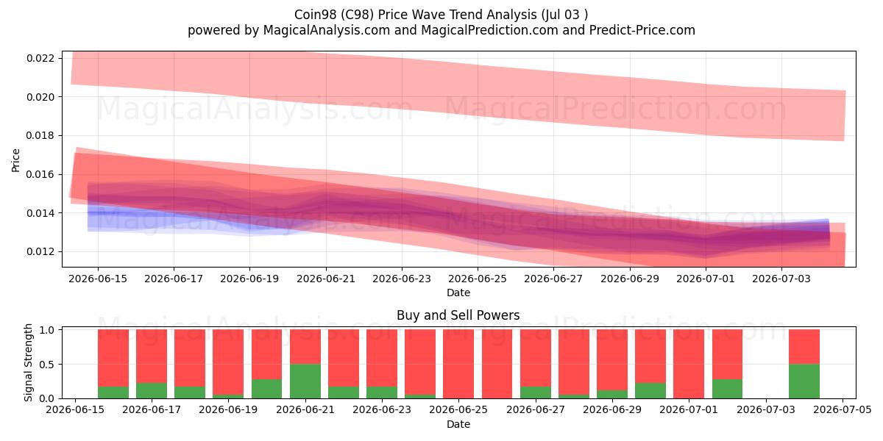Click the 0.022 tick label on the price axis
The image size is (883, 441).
40,58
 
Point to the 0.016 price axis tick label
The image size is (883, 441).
40,174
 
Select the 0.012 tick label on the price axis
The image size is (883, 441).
40,251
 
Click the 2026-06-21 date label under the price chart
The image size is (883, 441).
326,279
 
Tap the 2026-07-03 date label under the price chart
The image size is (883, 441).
781,279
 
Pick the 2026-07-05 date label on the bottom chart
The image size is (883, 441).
843,409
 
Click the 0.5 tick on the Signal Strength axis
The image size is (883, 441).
47,365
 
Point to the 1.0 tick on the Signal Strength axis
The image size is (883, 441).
47,330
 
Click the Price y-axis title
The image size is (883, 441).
15,160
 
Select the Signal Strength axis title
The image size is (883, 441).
28,362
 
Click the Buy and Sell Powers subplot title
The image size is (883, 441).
458,315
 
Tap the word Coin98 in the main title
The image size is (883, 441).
316,15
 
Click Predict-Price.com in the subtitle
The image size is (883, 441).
642,30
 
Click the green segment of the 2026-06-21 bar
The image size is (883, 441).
305,381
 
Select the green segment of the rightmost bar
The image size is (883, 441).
804,381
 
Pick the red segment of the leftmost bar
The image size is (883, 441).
113,358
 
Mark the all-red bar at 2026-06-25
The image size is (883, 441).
458,364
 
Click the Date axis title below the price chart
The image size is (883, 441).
458,293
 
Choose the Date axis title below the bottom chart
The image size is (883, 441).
458,424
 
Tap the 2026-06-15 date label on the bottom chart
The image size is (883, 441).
75,409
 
